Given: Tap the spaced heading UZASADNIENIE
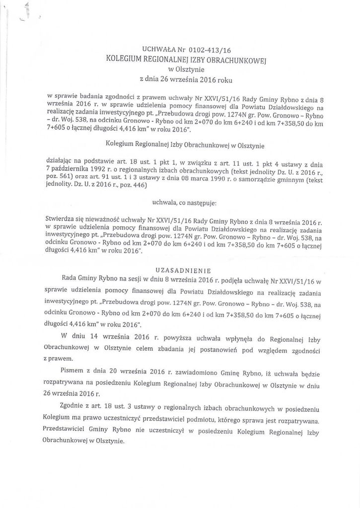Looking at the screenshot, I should pyautogui.click(x=184, y=270).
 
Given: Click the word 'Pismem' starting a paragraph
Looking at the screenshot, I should pyautogui.click(x=73, y=370).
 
